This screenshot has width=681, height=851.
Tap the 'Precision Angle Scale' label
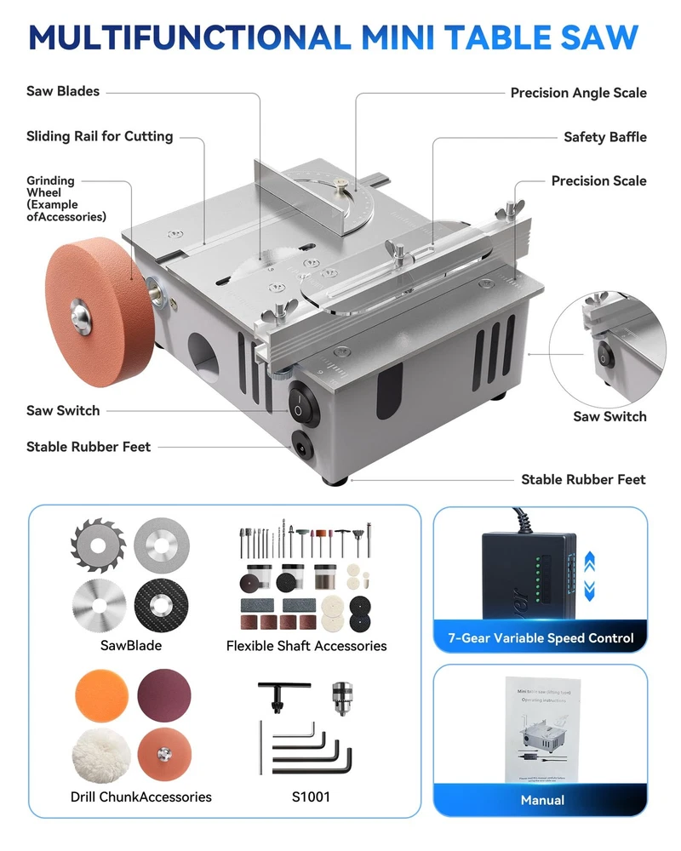[x=578, y=93]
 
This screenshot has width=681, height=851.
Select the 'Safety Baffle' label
[x=604, y=137]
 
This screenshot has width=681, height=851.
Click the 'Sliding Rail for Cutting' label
[x=100, y=136]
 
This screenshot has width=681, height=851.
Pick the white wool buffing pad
[x=100, y=756]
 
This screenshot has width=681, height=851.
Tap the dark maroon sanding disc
[x=164, y=694]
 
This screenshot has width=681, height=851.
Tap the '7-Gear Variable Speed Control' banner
[x=541, y=637]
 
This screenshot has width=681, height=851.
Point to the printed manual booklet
[x=542, y=728]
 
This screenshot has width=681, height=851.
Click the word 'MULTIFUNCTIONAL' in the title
[x=189, y=37]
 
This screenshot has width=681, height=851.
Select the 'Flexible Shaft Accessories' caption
[x=306, y=646]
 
